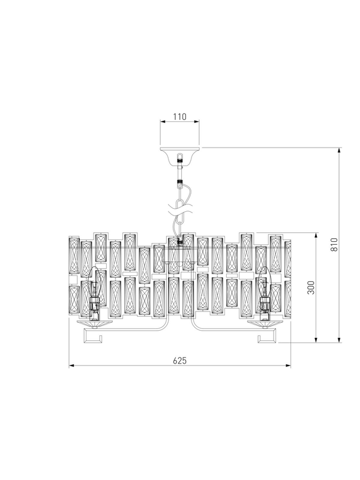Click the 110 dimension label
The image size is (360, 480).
[x=179, y=116]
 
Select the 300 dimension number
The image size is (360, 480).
[x=311, y=287]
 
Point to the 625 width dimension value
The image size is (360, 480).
[x=179, y=361]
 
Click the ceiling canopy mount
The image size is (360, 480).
[x=179, y=155]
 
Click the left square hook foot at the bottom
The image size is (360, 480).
[x=92, y=336]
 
